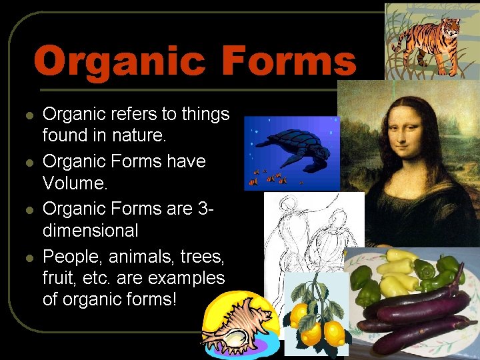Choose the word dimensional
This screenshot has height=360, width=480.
pyautogui.click(x=90, y=231)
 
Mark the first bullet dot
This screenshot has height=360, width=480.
pyautogui.click(x=29, y=115)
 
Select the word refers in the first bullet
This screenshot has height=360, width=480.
pyautogui.click(x=131, y=114)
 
